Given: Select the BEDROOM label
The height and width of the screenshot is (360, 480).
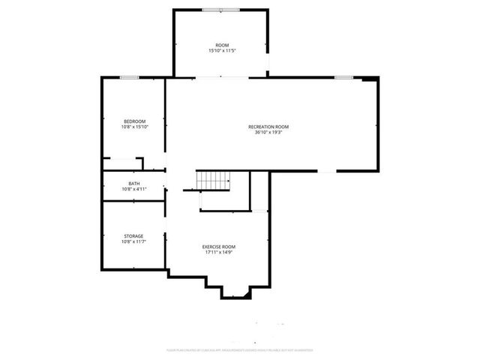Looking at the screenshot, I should tap(134, 121).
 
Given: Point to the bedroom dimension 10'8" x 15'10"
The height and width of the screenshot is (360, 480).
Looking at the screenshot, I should tap(134, 127).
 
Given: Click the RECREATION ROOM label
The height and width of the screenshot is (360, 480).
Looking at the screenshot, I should tap(268, 127).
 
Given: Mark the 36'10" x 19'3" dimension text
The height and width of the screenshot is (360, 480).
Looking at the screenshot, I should tap(268, 133).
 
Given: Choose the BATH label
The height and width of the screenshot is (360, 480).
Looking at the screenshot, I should tap(133, 184).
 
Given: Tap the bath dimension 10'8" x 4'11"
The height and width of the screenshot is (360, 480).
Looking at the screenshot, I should tap(133, 189).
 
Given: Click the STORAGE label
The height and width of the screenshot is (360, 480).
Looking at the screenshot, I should tap(133, 236).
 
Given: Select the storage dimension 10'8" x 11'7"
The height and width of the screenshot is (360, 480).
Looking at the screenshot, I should tap(133, 241).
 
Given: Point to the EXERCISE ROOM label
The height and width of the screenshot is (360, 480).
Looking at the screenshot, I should tap(219, 247).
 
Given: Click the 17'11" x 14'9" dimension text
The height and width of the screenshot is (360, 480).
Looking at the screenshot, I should tap(219, 252).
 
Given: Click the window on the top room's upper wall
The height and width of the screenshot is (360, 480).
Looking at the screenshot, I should tap(220, 10).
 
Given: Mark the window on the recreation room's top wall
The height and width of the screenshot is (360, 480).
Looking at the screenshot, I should tap(343, 77).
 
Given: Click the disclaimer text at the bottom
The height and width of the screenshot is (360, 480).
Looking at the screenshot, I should tap(240, 349).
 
